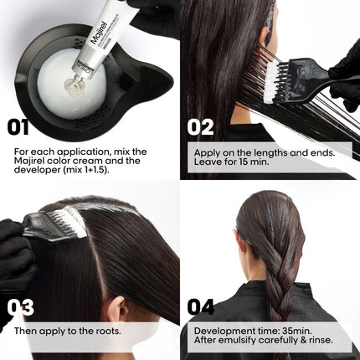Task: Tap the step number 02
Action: (x=201, y=127)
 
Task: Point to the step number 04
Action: (x=201, y=306)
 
